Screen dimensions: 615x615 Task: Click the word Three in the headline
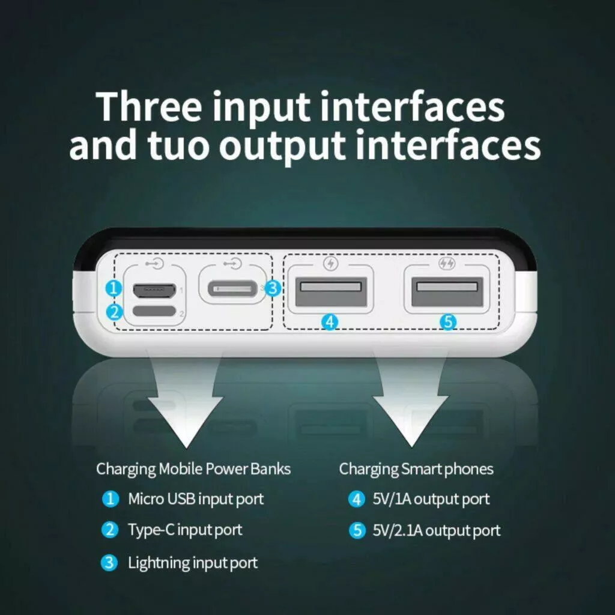tap(149, 107)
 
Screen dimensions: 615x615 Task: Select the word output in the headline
tap(282, 148)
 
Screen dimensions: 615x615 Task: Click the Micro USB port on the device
tap(154, 290)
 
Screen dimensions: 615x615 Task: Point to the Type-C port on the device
tap(154, 311)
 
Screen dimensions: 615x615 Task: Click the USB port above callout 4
tap(331, 291)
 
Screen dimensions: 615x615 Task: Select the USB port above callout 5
tap(447, 291)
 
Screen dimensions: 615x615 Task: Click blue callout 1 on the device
tap(114, 289)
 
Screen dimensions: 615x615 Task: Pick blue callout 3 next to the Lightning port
tap(273, 289)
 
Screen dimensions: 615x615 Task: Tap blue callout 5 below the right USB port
tap(448, 322)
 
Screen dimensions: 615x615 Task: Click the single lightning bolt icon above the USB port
tap(331, 263)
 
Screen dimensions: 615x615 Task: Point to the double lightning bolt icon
tap(447, 263)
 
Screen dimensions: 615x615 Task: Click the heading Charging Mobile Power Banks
tap(193, 469)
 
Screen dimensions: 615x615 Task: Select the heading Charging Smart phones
tap(416, 469)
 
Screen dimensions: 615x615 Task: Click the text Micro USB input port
tap(196, 499)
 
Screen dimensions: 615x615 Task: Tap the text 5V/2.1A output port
tap(437, 531)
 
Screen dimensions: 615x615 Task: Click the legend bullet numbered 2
tap(110, 530)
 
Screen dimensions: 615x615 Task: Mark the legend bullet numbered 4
tap(357, 499)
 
